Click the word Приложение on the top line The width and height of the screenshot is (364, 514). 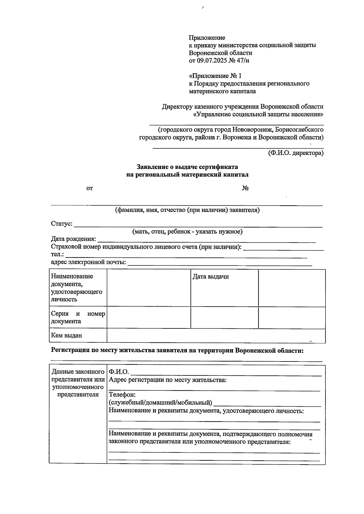point(207,38)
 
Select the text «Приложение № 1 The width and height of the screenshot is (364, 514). point(215,76)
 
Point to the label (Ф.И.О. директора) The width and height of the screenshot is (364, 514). point(295,153)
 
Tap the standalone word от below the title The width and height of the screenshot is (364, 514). point(89,188)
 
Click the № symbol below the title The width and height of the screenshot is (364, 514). point(245,188)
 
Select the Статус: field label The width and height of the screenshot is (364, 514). point(62,224)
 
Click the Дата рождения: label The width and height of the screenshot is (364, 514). point(73,239)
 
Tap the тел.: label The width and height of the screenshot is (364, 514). point(57,254)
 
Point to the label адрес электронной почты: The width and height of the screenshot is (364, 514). point(89,262)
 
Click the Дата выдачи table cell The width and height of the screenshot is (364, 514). point(211,277)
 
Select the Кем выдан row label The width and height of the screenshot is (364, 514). point(66,335)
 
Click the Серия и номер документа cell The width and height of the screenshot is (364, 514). point(78,317)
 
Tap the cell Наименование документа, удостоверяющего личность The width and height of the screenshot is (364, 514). point(76,287)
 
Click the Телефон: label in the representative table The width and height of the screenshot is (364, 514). point(122,395)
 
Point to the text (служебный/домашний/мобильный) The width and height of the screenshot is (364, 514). point(160,403)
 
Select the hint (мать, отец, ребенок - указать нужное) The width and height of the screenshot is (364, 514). point(187,232)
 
